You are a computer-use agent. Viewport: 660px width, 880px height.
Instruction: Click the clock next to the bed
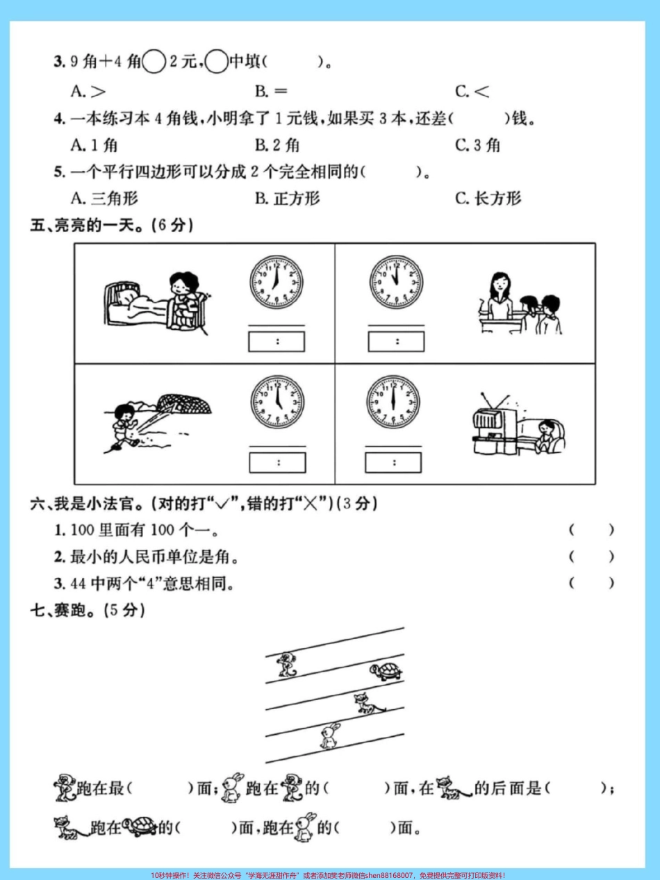277,283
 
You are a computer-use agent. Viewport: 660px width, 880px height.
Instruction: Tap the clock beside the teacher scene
395,283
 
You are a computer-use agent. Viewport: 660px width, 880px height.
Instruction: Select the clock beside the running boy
277,402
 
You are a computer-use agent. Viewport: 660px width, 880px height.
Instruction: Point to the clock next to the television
394,402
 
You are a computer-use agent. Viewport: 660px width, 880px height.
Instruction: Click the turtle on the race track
386,672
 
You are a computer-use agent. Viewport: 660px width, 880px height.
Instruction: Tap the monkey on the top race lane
286,664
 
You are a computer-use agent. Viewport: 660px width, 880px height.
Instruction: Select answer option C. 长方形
488,199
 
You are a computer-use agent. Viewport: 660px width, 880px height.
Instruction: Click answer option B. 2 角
277,145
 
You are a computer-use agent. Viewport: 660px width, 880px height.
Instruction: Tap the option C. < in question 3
472,91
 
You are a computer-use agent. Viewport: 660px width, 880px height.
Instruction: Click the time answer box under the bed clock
277,341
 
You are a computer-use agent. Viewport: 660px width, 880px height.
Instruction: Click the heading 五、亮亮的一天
111,225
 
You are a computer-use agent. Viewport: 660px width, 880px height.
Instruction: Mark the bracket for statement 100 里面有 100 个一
591,531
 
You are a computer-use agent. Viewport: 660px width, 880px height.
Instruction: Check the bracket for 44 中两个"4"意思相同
591,583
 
